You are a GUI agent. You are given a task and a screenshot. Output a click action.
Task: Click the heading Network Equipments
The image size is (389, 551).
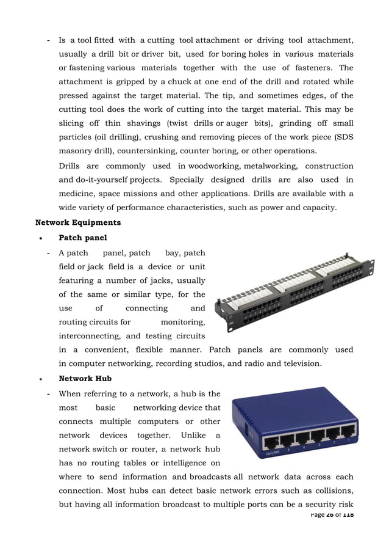(78, 222)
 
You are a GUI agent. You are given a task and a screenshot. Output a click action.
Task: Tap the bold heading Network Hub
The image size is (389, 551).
(85, 379)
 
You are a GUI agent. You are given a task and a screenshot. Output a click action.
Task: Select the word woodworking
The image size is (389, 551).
(214, 166)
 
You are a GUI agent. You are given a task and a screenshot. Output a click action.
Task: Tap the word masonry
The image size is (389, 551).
(76, 151)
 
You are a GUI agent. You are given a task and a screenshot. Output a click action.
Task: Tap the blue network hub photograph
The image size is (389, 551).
(294, 425)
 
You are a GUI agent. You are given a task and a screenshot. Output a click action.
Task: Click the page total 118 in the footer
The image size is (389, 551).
(348, 515)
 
